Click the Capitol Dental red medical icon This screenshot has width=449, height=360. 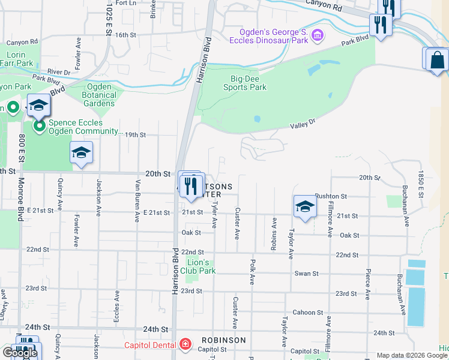(186, 344)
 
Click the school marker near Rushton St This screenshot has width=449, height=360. (305, 207)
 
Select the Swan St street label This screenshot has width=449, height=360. (307, 274)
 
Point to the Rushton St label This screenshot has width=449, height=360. (331, 196)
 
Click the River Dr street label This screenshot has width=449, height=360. (59, 71)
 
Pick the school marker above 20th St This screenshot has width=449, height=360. (81, 154)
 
